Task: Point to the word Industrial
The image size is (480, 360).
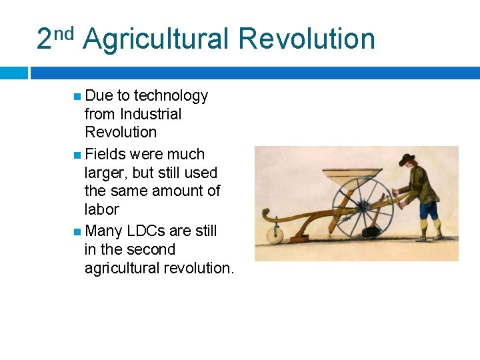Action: [x=151, y=114]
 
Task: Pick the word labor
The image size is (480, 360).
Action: [x=101, y=209]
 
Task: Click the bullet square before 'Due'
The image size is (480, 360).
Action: [x=77, y=97]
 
